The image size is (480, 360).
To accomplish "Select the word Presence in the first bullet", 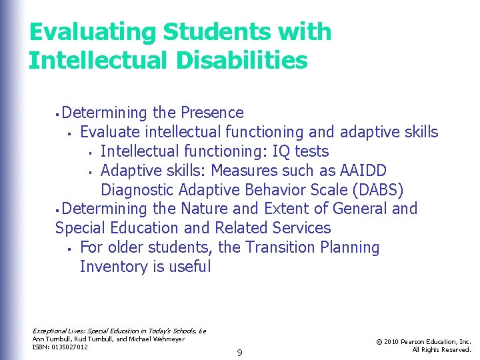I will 212,113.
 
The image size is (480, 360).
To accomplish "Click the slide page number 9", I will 239,352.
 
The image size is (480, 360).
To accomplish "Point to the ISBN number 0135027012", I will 69,347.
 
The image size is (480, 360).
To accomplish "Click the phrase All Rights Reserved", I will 441,349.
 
